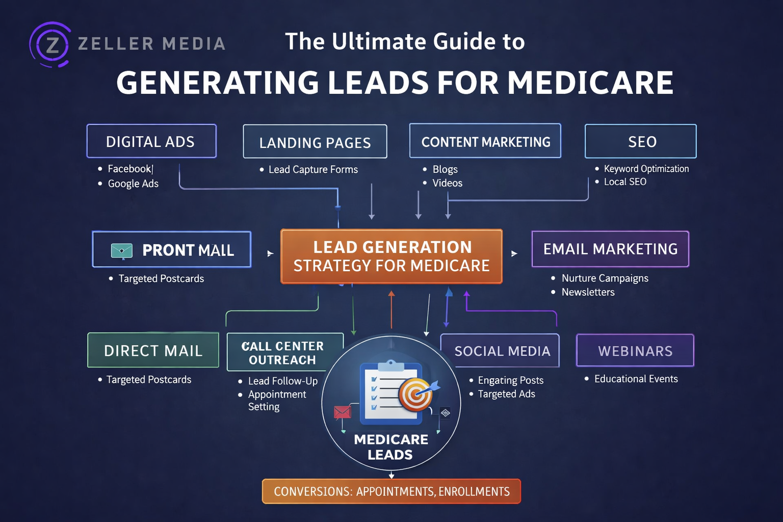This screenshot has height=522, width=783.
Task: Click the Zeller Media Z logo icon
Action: click(x=50, y=44)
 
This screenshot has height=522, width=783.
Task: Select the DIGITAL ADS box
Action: click(x=151, y=141)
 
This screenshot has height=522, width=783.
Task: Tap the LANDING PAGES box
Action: click(x=315, y=142)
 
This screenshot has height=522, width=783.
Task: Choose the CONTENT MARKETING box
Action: click(x=485, y=141)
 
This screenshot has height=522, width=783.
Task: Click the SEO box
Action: click(x=640, y=141)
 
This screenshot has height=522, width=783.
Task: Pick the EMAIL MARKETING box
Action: click(x=610, y=249)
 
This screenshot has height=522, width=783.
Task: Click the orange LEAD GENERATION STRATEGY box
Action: click(x=391, y=256)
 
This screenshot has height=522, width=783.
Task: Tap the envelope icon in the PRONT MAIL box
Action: click(x=122, y=250)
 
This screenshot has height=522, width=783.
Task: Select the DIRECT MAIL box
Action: click(x=153, y=350)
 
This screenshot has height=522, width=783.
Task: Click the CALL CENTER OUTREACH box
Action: click(x=283, y=352)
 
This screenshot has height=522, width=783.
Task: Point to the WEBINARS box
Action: click(x=635, y=351)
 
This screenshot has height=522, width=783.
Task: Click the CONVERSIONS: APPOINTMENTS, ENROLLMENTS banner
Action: click(x=391, y=491)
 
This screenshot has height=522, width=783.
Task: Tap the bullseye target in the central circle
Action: click(x=416, y=394)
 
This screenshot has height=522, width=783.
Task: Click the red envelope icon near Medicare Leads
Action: click(x=342, y=411)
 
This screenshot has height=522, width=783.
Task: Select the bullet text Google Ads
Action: click(x=133, y=184)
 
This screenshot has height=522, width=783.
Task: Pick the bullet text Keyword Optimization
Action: click(x=646, y=169)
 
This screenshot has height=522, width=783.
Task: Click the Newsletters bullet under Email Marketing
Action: click(x=588, y=292)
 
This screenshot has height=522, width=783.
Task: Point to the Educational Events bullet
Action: click(x=636, y=379)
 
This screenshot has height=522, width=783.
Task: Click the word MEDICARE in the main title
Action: click(x=590, y=83)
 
